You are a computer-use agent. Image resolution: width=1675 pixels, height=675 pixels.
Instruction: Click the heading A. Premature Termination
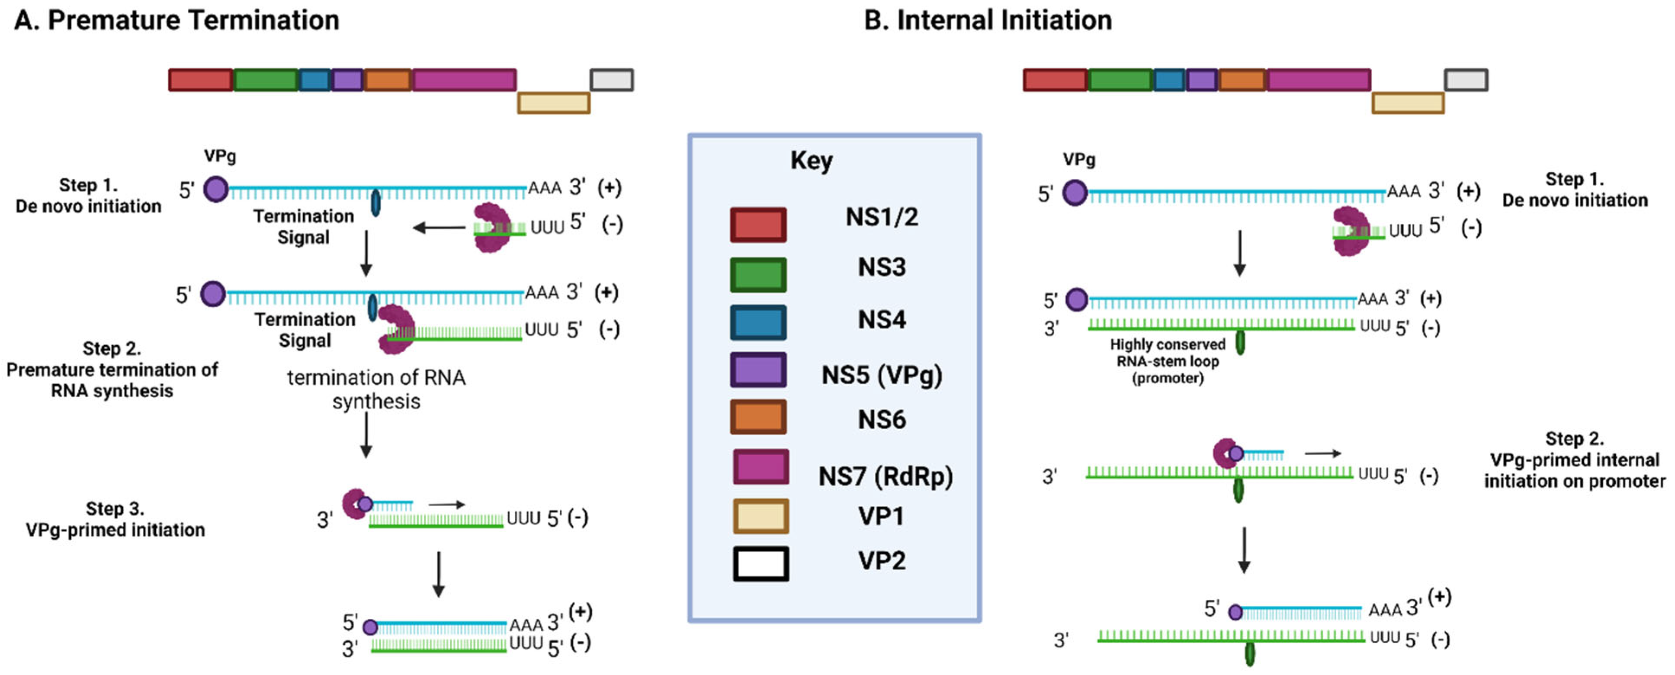click(x=177, y=21)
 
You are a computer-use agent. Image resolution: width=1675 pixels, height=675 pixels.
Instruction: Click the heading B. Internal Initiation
click(x=987, y=21)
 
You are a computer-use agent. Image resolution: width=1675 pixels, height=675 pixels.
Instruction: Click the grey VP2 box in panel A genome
click(x=611, y=80)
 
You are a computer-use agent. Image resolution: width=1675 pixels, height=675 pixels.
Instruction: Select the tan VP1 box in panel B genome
click(x=1407, y=103)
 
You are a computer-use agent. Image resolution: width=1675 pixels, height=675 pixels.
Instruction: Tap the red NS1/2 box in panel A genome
click(x=200, y=80)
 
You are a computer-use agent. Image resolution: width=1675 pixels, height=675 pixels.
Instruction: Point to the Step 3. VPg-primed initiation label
click(x=115, y=519)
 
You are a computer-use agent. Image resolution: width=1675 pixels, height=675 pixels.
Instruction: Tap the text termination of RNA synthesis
click(x=376, y=389)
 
